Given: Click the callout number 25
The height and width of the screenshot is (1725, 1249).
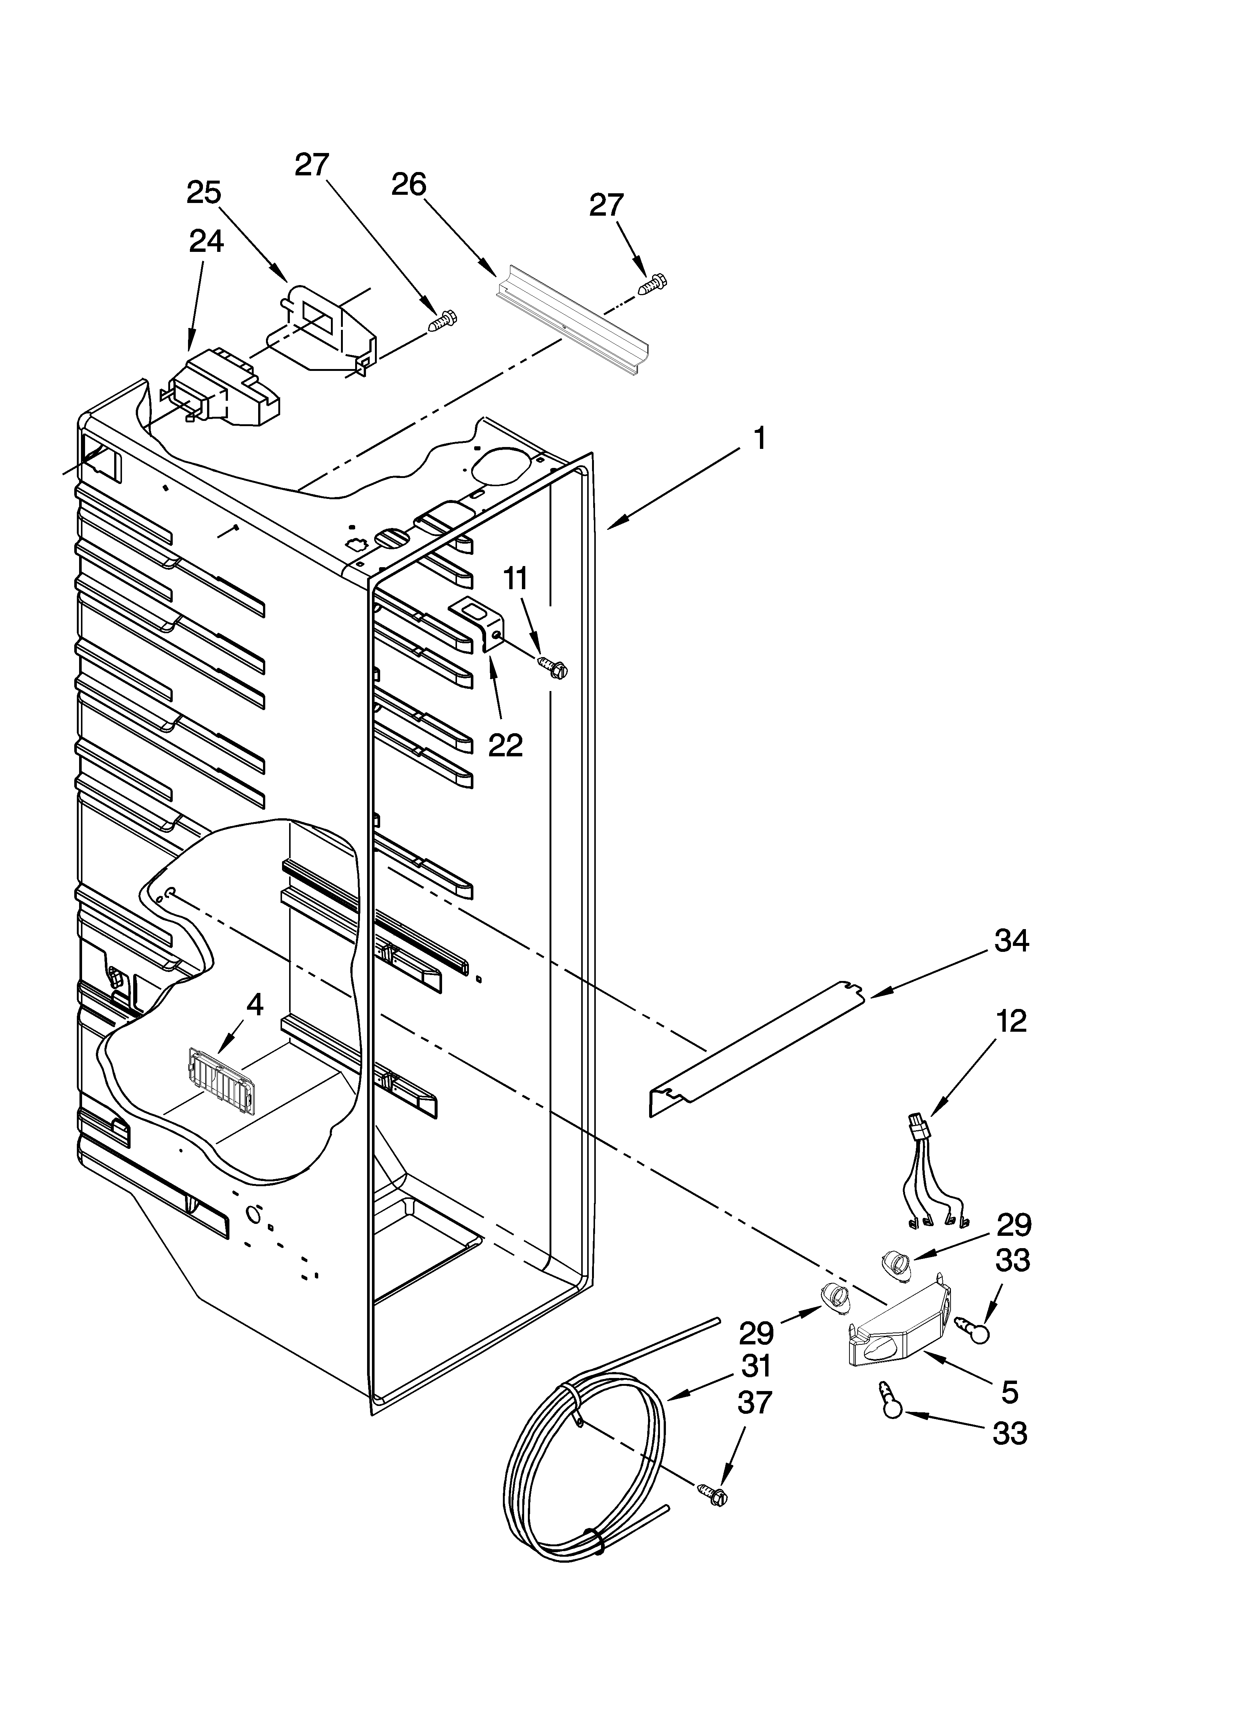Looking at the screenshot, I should (204, 193).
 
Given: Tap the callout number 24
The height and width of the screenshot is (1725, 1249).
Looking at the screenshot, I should (206, 242).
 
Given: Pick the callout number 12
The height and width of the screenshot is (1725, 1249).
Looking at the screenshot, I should (1009, 1021).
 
